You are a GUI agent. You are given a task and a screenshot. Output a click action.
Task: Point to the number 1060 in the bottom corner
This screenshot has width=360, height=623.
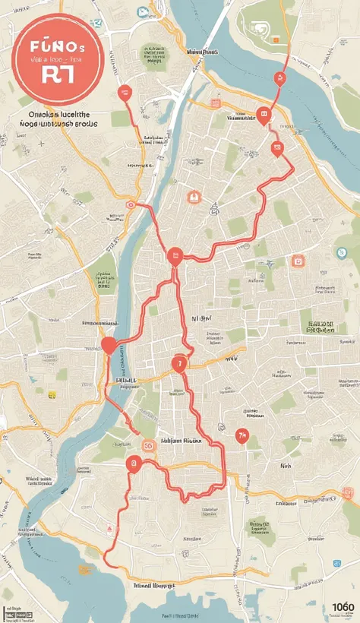point(343,607)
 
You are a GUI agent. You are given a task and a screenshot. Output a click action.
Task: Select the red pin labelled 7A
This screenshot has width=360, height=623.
point(242,435)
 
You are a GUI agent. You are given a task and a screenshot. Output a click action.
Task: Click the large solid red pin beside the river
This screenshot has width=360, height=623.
point(109,346)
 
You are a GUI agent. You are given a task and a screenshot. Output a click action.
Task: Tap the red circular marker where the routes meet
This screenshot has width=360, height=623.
point(175,256)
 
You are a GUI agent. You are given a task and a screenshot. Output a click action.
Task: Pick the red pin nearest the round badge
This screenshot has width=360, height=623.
point(125,93)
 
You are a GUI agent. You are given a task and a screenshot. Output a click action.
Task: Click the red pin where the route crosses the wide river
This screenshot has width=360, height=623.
point(279,77)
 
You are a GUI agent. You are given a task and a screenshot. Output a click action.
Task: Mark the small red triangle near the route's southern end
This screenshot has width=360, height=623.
point(112,527)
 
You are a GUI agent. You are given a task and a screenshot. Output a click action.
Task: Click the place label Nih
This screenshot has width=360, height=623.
point(286,466)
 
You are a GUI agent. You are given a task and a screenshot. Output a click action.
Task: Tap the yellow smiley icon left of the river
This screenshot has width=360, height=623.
point(52,395)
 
